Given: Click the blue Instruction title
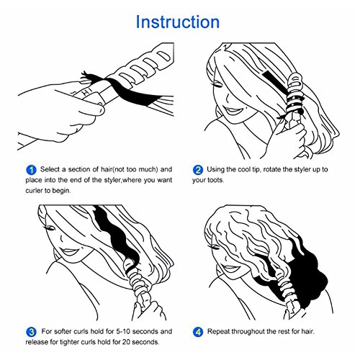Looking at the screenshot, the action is click(178, 22).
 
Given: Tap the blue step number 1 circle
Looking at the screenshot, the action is click(31, 170).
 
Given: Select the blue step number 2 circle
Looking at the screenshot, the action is click(198, 170).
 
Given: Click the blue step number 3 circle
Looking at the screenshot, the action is click(31, 332).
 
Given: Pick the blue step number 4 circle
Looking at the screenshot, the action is click(198, 332).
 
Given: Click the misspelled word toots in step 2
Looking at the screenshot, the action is click(215, 180).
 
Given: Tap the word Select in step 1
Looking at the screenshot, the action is click(50, 169).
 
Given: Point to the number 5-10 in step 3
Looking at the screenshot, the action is click(123, 331).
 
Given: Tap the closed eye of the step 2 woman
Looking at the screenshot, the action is click(217, 84).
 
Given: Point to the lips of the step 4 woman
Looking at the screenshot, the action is click(230, 268).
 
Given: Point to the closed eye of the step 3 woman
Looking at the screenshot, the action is click(49, 228).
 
